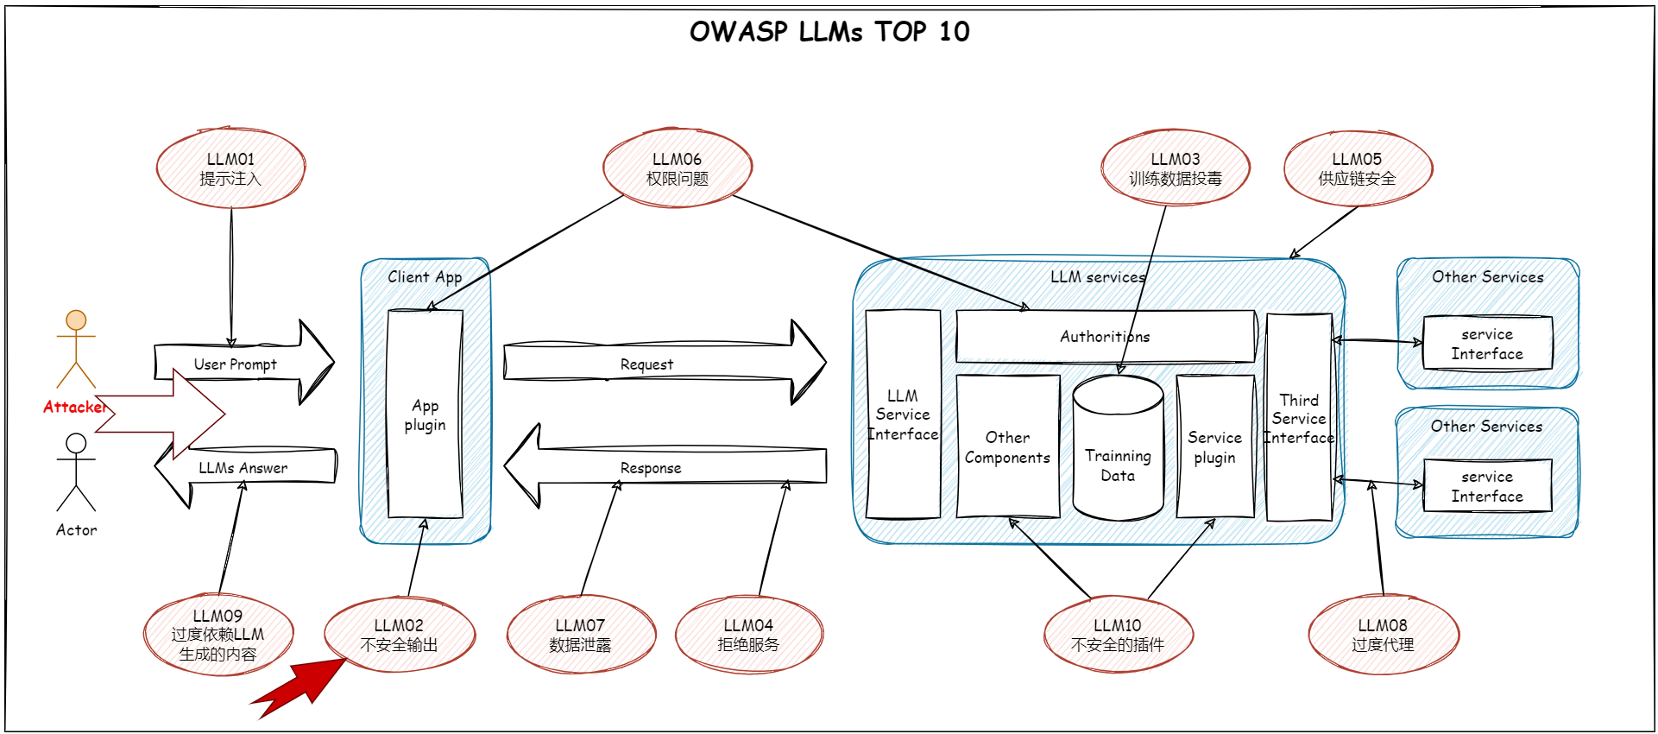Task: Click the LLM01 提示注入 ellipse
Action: click(230, 168)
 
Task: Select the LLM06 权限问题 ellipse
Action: click(677, 168)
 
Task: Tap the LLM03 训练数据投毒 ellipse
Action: click(1175, 168)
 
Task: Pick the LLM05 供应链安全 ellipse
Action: click(1357, 168)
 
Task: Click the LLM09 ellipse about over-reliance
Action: click(217, 635)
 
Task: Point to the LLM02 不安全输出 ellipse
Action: click(399, 635)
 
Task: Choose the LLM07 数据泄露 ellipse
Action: click(580, 635)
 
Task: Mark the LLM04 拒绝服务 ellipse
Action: click(748, 635)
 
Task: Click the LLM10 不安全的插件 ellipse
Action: click(1118, 635)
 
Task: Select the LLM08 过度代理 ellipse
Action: click(1383, 635)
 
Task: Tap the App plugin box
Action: click(425, 414)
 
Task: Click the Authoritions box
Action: click(1105, 337)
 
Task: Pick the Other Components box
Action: click(1007, 446)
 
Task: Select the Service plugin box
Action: click(1214, 446)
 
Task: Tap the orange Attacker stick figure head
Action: click(76, 320)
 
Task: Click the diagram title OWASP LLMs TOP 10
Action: click(829, 32)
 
